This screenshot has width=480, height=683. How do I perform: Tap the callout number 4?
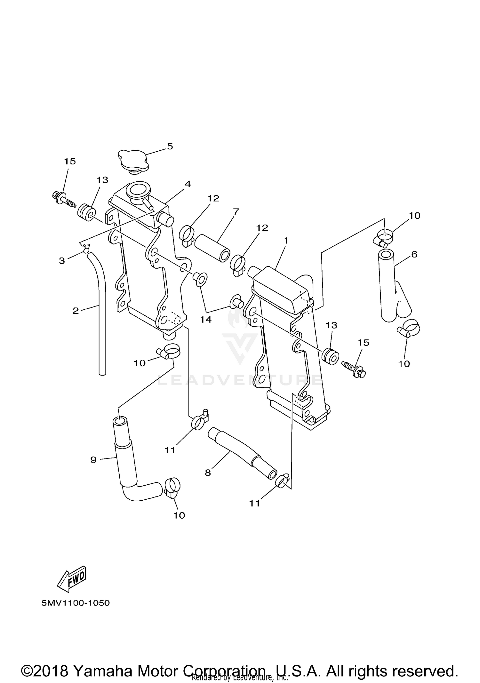188,184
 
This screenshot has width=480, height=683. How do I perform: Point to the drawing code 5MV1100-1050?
76,603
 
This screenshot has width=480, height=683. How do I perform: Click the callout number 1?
286,240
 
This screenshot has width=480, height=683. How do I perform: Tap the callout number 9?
93,460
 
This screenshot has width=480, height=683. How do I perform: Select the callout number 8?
208,473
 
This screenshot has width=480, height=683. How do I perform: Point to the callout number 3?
62,261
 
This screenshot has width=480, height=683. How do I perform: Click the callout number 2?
76,311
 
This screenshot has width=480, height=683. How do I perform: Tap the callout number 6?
414,254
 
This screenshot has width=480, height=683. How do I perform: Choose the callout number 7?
236,211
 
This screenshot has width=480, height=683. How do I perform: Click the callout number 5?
170,146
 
